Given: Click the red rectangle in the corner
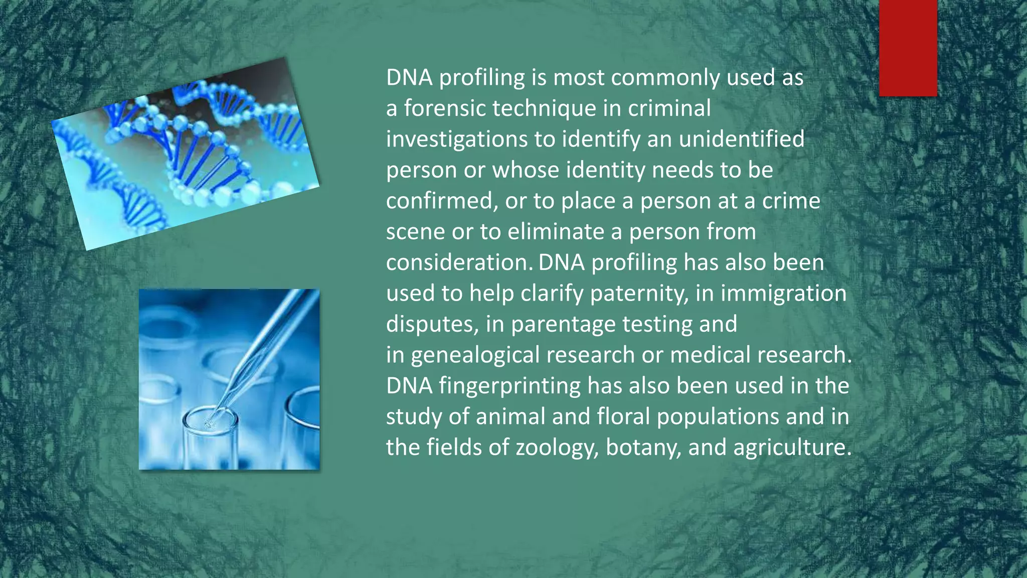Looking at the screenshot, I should [x=908, y=48].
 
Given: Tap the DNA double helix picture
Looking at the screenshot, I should [x=186, y=153].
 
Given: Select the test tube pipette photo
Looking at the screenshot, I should [x=229, y=379].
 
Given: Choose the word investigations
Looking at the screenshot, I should [x=456, y=139].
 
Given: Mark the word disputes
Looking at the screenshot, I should [x=432, y=324].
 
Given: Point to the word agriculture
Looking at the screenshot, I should [x=792, y=448].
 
